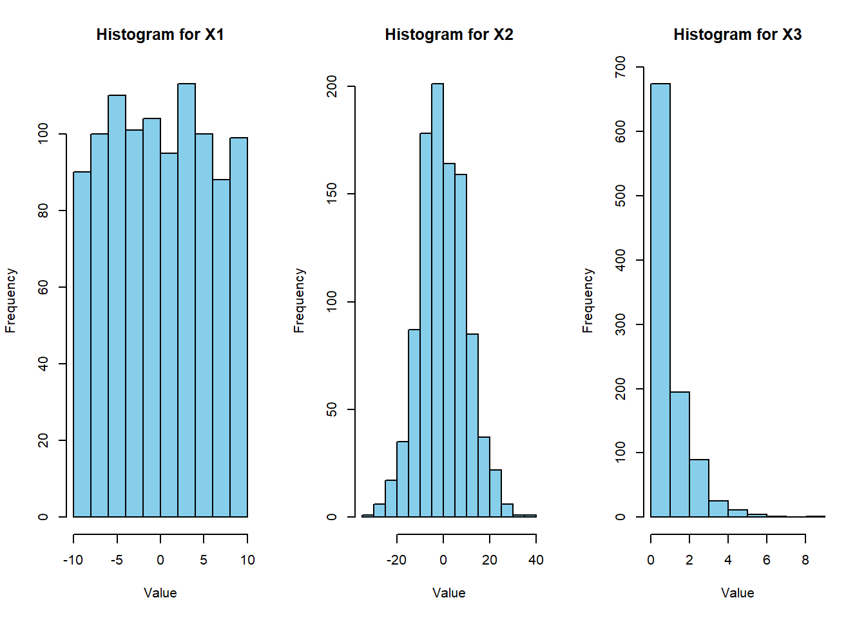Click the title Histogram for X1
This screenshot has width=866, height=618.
(x=160, y=35)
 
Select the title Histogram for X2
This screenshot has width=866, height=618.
(x=449, y=35)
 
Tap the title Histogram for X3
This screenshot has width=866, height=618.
(x=737, y=35)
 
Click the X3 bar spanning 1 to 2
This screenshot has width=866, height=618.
(x=680, y=454)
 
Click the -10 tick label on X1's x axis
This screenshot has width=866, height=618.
(x=73, y=560)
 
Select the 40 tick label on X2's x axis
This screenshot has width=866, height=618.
(x=535, y=560)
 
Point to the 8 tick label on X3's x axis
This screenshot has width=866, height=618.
(x=805, y=560)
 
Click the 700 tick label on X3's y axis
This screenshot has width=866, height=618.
(x=620, y=67)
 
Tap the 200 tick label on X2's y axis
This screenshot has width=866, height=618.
(x=332, y=86)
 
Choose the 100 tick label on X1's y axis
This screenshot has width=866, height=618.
(x=43, y=134)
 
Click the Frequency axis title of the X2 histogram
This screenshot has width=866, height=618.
(x=299, y=301)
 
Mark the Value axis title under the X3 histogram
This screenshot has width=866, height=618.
(x=737, y=593)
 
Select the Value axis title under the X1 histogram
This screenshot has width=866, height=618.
(x=160, y=593)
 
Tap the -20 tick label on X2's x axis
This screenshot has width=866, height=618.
(x=396, y=560)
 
